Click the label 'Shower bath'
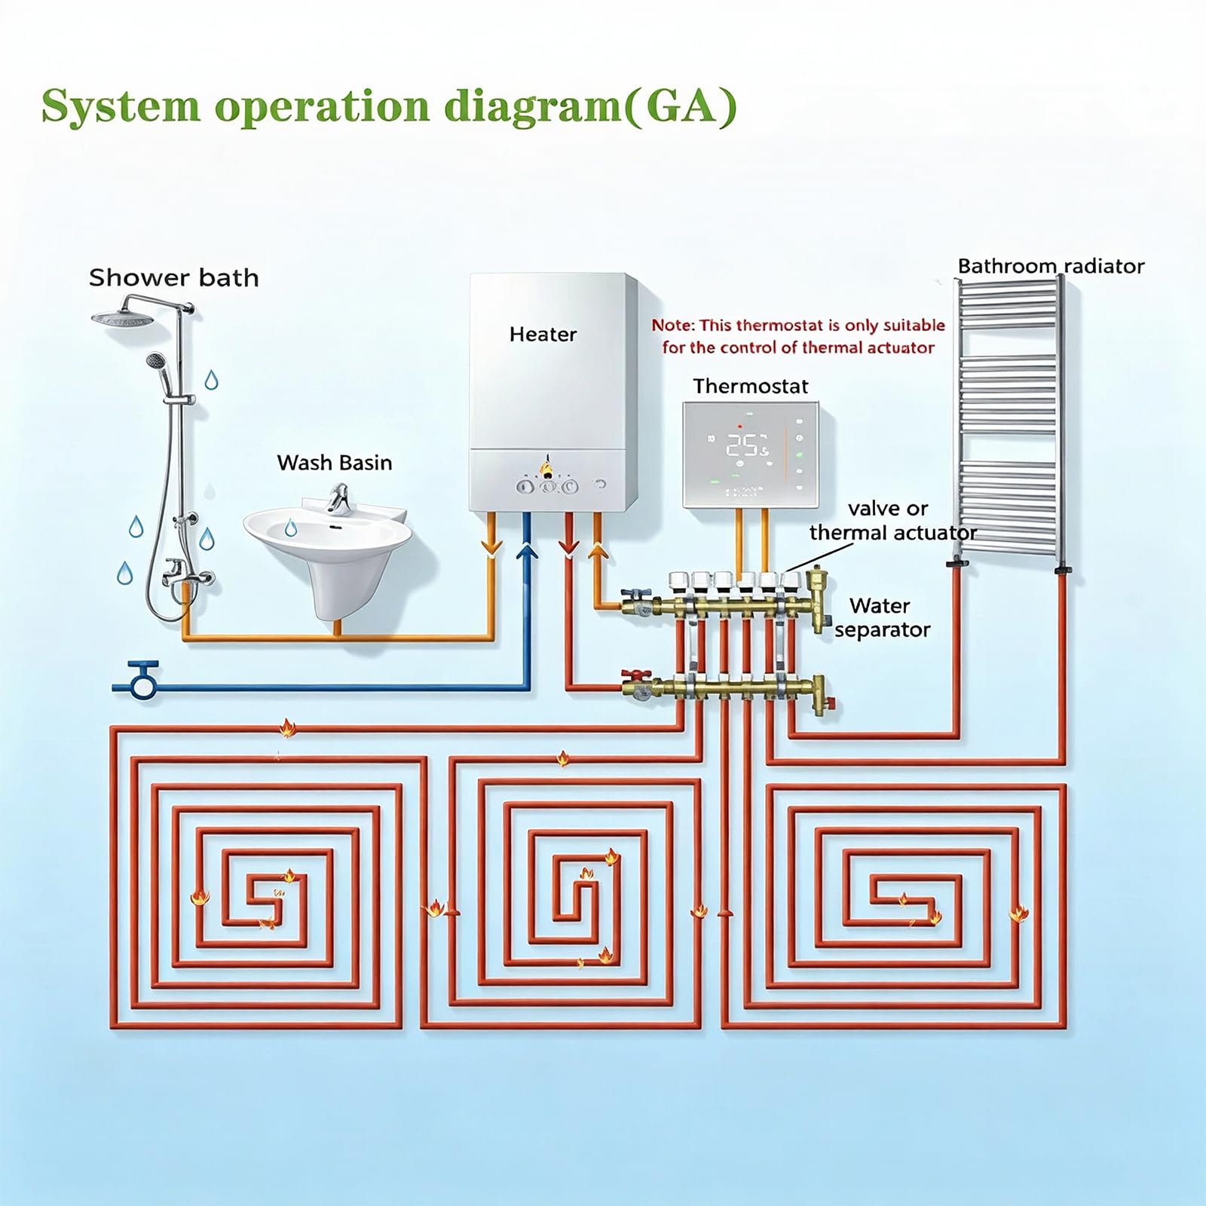point(173,278)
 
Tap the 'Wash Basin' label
point(335,463)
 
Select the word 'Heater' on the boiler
point(543,334)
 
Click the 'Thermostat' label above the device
point(751,387)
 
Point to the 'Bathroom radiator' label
point(1051,266)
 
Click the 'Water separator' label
point(882,618)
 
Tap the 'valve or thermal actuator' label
point(892,521)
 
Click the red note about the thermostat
point(798,336)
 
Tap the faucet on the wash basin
point(339,498)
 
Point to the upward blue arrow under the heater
point(526,552)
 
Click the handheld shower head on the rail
point(155,361)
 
